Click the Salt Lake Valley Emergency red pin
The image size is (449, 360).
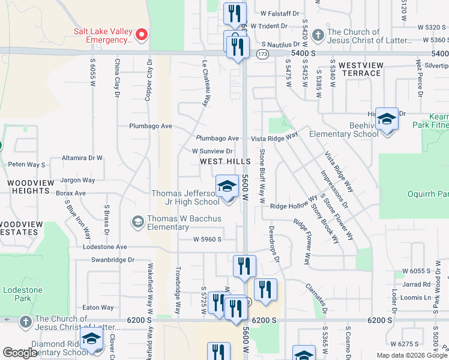[x=142, y=34]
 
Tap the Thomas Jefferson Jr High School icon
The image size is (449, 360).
[x=227, y=187]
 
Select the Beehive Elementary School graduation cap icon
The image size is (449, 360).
[x=387, y=120]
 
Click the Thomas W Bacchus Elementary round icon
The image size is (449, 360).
[x=137, y=223]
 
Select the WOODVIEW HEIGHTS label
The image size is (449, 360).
[x=28, y=186]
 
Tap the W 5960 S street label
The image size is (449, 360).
[x=207, y=239]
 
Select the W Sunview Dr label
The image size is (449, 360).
[x=212, y=151]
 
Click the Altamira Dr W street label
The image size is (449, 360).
[x=83, y=158]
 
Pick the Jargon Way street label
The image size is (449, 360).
[x=77, y=180]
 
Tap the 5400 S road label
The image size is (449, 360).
[x=303, y=53]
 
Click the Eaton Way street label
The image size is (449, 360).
[x=98, y=308]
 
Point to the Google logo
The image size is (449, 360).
[x=20, y=352]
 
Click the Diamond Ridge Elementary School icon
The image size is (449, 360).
[x=91, y=342]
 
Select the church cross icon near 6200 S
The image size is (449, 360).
[x=25, y=322]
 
